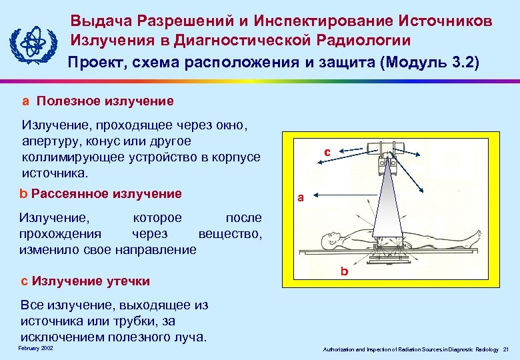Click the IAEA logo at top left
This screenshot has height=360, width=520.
tap(31, 44)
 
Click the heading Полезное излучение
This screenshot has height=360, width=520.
tap(105, 101)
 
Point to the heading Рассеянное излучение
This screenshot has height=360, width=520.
tap(106, 194)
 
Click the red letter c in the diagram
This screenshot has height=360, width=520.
tap(327, 152)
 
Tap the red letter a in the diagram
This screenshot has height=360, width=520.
tap(301, 197)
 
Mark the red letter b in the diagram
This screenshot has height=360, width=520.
tap(344, 271)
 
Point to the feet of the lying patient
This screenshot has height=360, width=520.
tap(474, 236)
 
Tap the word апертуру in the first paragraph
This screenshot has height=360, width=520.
tap(49, 142)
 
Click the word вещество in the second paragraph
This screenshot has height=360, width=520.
tap(230, 234)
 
